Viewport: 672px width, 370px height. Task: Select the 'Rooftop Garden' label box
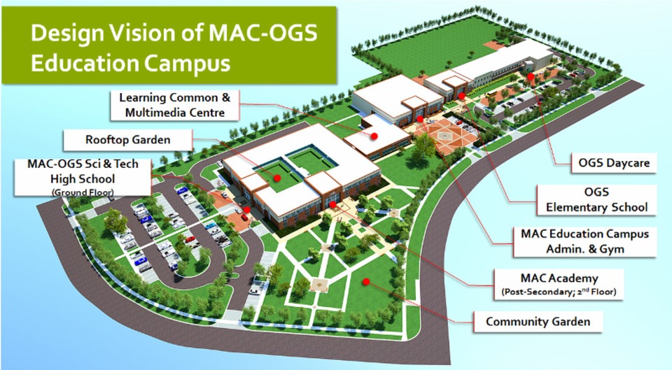(x=127, y=140)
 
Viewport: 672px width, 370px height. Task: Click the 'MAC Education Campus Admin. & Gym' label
(x=580, y=241)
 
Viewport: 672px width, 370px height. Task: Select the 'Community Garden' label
(x=538, y=322)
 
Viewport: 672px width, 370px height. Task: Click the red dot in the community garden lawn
(x=364, y=281)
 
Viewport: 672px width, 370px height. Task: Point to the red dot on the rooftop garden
(x=277, y=178)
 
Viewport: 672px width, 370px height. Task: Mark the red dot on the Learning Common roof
(x=374, y=136)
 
